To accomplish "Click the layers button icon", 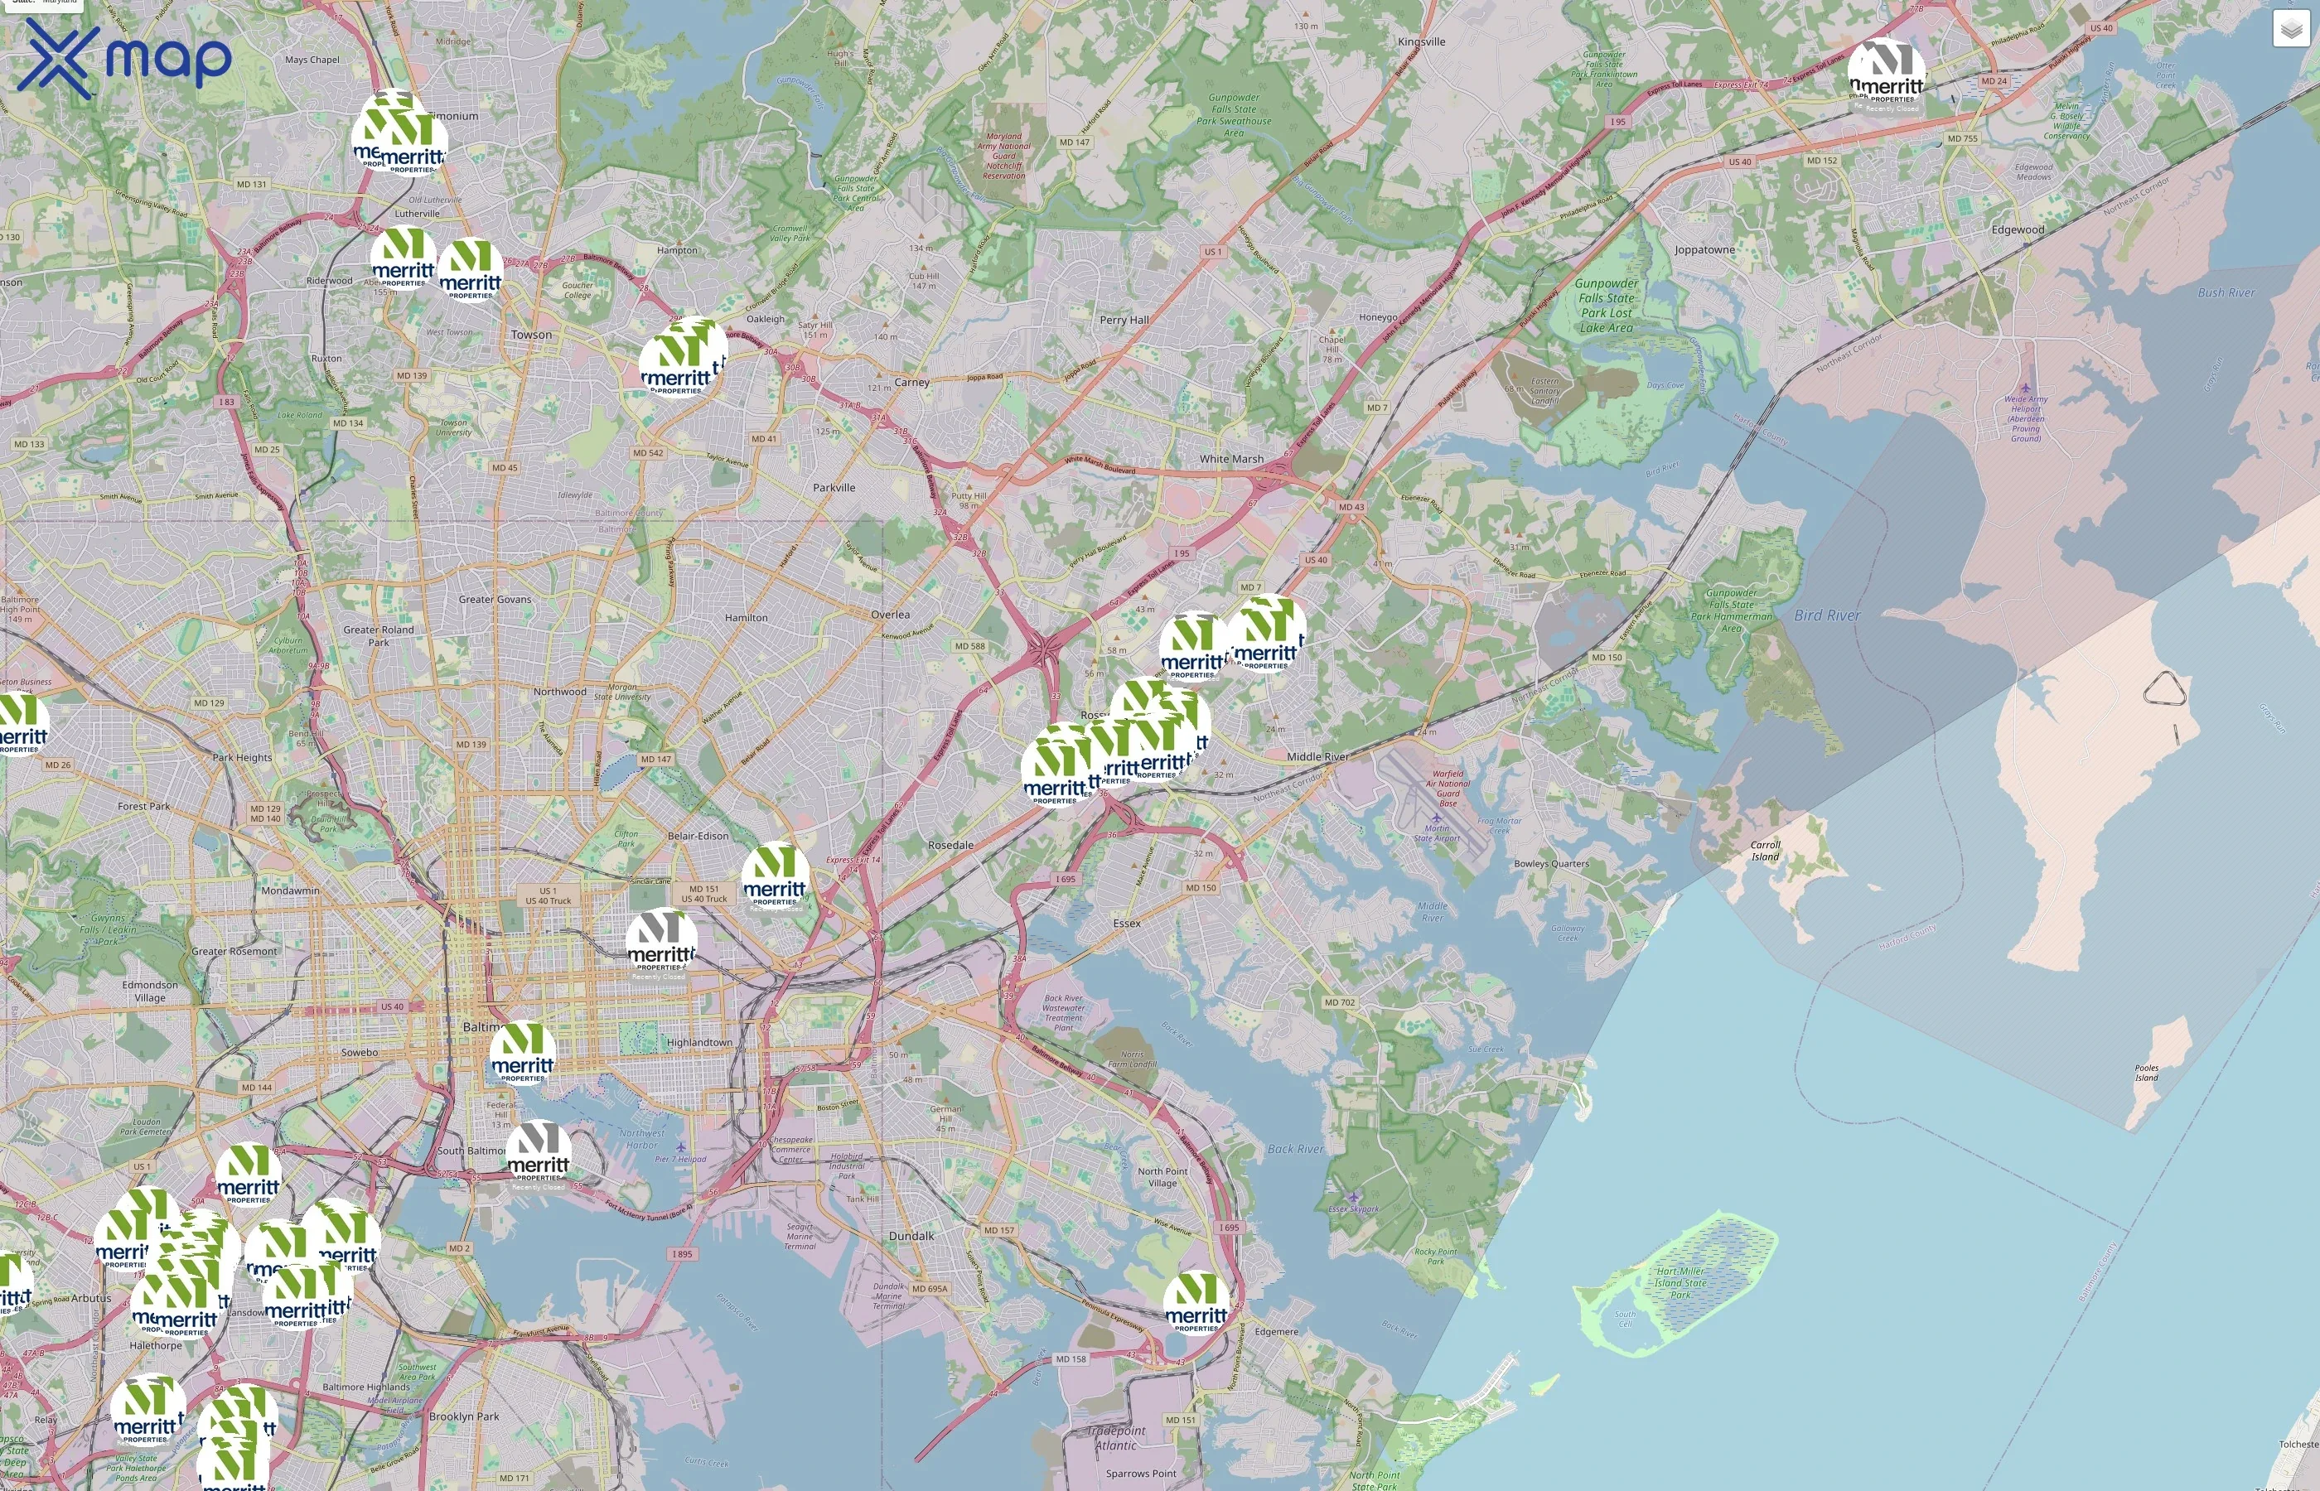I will (x=2290, y=30).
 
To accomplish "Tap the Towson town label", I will (x=532, y=335).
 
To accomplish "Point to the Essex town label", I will (x=1126, y=924).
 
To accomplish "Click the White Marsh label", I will (x=1230, y=459).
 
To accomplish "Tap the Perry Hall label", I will (x=1124, y=321).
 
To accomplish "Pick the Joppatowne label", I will (x=1704, y=250).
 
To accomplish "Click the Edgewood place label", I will (x=2018, y=230).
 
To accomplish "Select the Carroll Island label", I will (x=1765, y=851).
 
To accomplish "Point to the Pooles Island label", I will (x=2147, y=1073).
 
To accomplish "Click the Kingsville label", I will (x=1422, y=41).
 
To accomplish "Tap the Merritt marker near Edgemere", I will (x=1196, y=1302).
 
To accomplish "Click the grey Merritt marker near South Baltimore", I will (x=539, y=1152).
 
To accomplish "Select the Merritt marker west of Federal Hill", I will (x=523, y=1053).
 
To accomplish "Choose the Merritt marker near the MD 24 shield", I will (x=1885, y=73).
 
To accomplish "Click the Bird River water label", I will (x=1826, y=615).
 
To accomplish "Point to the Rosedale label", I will (x=950, y=845).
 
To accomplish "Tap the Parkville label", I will (x=834, y=488).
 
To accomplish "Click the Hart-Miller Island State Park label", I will (x=1680, y=1283).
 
